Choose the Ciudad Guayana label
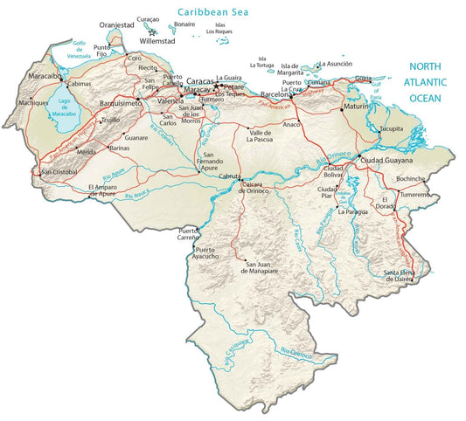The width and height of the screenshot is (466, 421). [x=385, y=162]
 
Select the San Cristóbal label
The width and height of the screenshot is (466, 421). [x=59, y=172]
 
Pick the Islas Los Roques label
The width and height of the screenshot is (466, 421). [x=226, y=28]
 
